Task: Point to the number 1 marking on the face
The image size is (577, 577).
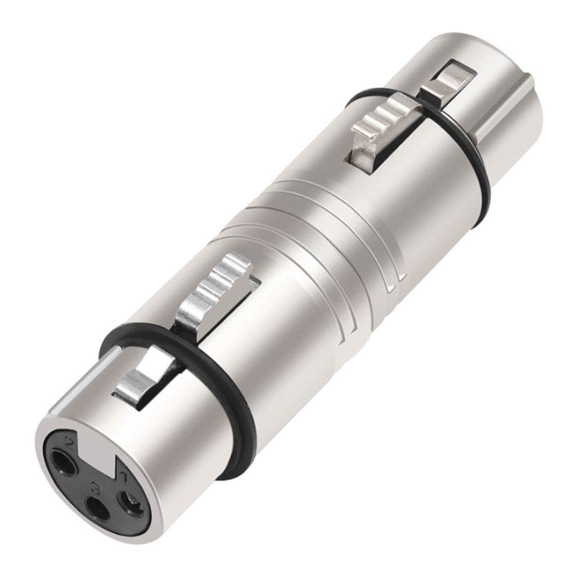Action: pyautogui.click(x=124, y=476)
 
